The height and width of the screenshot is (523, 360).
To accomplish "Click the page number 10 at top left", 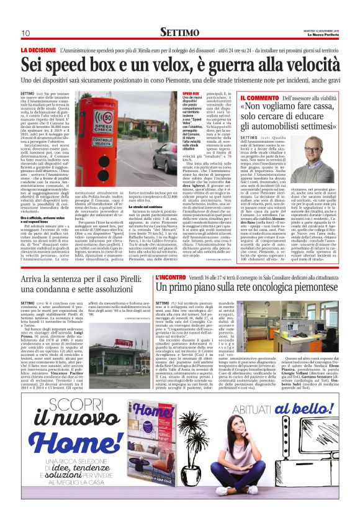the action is [x=25, y=33].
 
